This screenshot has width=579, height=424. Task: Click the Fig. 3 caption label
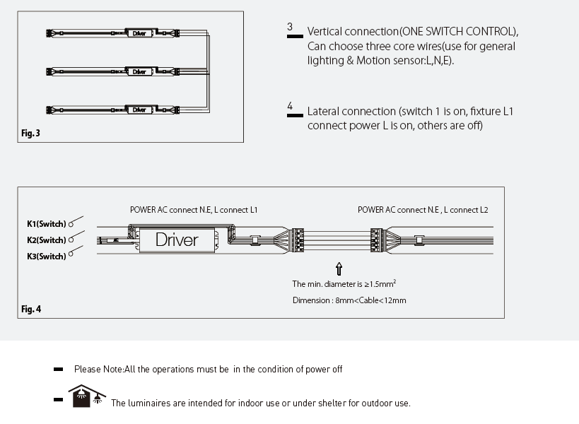point(30,133)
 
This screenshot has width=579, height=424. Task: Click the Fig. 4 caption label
point(31,309)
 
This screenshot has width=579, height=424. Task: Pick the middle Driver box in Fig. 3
point(139,71)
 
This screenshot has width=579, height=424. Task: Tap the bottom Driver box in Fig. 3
point(139,110)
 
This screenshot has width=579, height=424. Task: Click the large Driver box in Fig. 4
point(177,240)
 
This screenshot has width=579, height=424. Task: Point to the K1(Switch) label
point(46,224)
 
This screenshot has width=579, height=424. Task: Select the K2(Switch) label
point(46,240)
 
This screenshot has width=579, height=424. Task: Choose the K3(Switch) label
point(46,257)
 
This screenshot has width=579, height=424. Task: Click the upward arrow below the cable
point(339,269)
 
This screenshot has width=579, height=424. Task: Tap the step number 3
point(290,28)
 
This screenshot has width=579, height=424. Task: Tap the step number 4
point(290,107)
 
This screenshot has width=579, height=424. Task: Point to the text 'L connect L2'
point(469,210)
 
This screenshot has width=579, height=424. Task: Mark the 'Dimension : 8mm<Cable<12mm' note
point(349,300)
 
